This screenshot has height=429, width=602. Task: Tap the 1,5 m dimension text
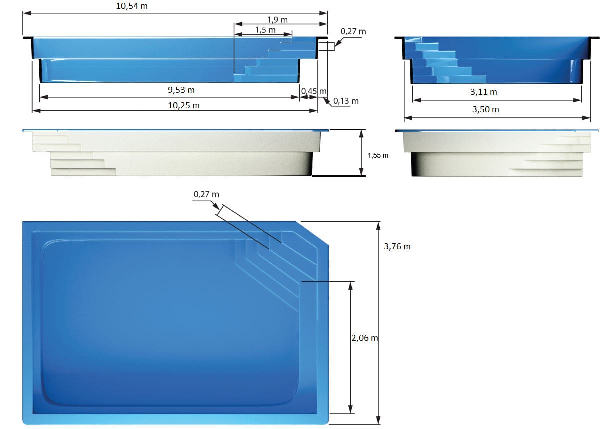265,30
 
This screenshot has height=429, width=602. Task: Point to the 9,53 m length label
181,90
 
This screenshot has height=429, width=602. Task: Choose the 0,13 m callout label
346,101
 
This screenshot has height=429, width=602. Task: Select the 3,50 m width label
485,109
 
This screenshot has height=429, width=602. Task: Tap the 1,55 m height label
378,155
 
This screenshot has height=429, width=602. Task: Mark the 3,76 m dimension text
397,246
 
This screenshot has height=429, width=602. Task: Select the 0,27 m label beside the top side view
353,31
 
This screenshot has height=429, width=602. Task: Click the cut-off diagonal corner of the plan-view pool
312,233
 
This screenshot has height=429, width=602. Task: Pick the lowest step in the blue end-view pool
460,79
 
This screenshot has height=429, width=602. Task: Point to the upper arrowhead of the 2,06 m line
351,285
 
